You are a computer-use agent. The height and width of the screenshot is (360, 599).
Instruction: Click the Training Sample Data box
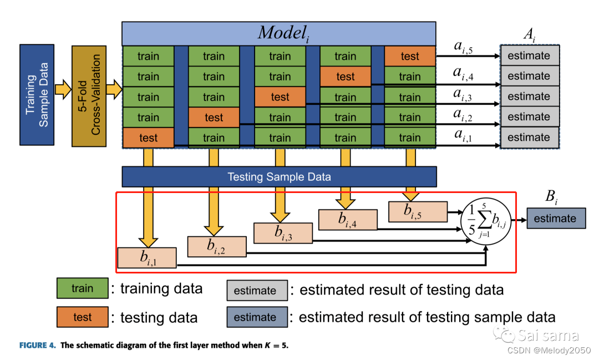pyautogui.click(x=37, y=95)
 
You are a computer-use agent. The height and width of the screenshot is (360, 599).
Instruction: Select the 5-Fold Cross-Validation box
pyautogui.click(x=89, y=95)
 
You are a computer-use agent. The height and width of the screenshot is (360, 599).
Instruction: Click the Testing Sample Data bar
pyautogui.click(x=279, y=177)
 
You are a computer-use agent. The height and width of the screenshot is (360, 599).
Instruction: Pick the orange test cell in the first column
pyautogui.click(x=148, y=138)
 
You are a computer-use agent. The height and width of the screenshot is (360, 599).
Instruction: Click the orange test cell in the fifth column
pyautogui.click(x=410, y=56)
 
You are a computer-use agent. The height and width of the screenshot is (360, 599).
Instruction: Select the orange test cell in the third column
pyautogui.click(x=280, y=97)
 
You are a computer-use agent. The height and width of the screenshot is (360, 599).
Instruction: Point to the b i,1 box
pyautogui.click(x=146, y=257)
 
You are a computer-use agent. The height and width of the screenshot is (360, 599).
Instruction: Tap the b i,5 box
pyautogui.click(x=417, y=211)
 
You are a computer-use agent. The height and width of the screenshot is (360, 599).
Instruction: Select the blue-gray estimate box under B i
pyautogui.click(x=555, y=219)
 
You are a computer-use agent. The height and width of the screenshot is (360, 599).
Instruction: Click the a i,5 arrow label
pyautogui.click(x=463, y=48)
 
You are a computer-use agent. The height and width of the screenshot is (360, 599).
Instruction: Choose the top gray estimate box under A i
pyautogui.click(x=529, y=56)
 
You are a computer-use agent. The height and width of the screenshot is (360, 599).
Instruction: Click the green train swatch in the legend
pyautogui.click(x=82, y=288)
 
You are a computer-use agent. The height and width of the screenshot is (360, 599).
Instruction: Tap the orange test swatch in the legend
pyautogui.click(x=82, y=317)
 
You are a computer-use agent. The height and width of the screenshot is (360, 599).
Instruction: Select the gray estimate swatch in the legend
pyautogui.click(x=256, y=291)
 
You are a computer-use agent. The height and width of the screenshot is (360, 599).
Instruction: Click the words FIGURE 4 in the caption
pyautogui.click(x=38, y=346)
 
